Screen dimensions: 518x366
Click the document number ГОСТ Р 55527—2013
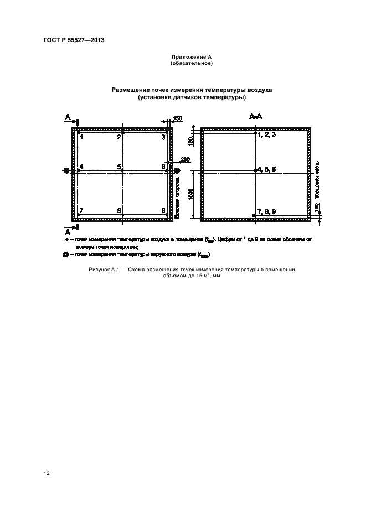[74, 40]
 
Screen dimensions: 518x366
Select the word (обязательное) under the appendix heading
[192, 64]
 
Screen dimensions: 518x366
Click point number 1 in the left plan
[81, 137]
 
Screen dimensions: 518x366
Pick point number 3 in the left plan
[163, 137]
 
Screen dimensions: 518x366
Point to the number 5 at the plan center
[119, 167]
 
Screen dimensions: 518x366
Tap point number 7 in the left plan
[81, 211]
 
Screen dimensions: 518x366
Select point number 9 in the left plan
[163, 211]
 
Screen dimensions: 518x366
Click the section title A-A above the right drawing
[255, 117]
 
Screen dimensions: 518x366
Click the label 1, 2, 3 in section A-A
[266, 134]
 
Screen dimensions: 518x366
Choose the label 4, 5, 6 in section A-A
[266, 169]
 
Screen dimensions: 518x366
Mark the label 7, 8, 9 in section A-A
[266, 212]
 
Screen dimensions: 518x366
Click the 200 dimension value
[184, 159]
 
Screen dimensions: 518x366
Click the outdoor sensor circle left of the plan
[67, 171]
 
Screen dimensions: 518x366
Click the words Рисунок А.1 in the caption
[104, 270]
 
